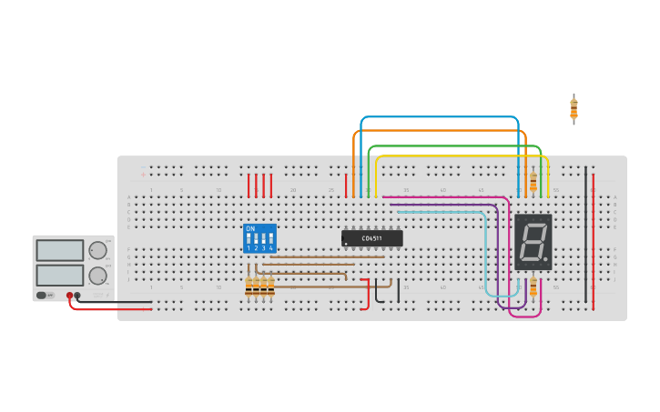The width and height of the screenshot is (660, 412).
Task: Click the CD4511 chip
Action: point(371,238)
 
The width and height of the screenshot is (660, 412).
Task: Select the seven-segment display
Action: point(533,242)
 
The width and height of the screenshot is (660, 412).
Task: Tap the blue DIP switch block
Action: point(259,238)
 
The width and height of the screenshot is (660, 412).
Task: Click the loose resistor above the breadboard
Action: point(574,108)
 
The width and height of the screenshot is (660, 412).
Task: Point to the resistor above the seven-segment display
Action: point(533,182)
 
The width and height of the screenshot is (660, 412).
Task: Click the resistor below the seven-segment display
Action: point(533,286)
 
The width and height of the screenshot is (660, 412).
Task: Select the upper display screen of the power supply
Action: point(60,250)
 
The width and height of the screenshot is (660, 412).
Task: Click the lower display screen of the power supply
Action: point(60,275)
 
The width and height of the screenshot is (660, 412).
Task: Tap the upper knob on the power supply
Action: point(97,250)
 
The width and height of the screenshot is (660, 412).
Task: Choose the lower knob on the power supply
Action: point(97,276)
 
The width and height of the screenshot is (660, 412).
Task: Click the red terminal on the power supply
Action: point(69,296)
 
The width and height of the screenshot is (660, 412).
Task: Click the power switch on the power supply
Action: point(43,295)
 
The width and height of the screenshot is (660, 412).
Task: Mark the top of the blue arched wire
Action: point(440,117)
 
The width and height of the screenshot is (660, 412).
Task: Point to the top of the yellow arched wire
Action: point(460,156)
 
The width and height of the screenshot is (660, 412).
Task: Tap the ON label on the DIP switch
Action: point(250,228)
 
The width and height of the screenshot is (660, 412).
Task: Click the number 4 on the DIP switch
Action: point(270,248)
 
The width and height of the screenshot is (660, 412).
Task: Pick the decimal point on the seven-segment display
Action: point(547,264)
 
